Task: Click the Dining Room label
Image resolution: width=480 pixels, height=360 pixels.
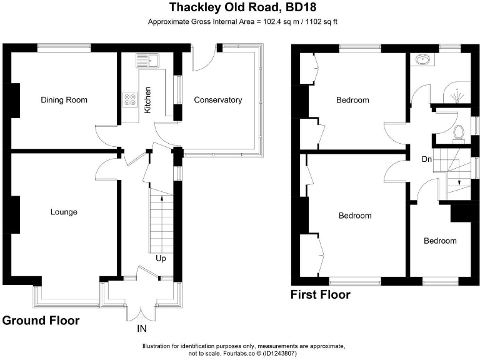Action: point(64,100)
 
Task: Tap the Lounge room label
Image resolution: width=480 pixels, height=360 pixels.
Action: point(64,212)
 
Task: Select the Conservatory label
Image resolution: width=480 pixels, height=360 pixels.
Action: point(217,100)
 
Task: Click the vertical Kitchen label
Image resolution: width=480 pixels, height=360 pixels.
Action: point(147,100)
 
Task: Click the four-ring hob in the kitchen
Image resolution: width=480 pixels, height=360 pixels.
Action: point(131,100)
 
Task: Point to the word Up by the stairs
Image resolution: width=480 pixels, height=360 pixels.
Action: point(161,257)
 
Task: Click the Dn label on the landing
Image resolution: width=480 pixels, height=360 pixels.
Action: point(427,159)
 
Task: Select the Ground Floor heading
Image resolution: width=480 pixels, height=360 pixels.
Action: point(41,321)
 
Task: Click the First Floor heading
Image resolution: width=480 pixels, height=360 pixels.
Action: point(321,294)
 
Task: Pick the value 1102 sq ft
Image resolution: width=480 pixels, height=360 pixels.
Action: point(311,22)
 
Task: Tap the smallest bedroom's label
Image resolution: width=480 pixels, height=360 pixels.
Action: point(440,241)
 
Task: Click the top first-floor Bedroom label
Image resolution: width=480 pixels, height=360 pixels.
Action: point(352,100)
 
